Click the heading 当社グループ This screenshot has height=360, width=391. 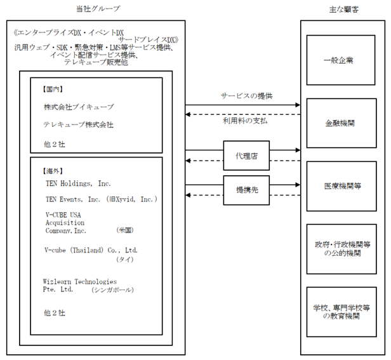coord(98,9)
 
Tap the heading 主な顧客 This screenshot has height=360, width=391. coord(344,10)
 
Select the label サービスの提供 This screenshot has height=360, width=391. coord(246,96)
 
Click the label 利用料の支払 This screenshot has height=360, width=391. coord(245,121)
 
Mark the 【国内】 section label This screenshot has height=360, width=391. coord(52,89)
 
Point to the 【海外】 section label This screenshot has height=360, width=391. coord(52,171)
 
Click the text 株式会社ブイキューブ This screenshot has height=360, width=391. coord(79,107)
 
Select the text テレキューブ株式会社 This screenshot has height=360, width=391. coord(78,124)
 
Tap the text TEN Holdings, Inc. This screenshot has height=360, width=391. coord(78,183)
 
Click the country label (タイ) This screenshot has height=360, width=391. coord(124,260)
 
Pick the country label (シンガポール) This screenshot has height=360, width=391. coord(112,290)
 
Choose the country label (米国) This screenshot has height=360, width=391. coord(124,230)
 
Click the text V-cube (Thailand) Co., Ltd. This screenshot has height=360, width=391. coord(91,250)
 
